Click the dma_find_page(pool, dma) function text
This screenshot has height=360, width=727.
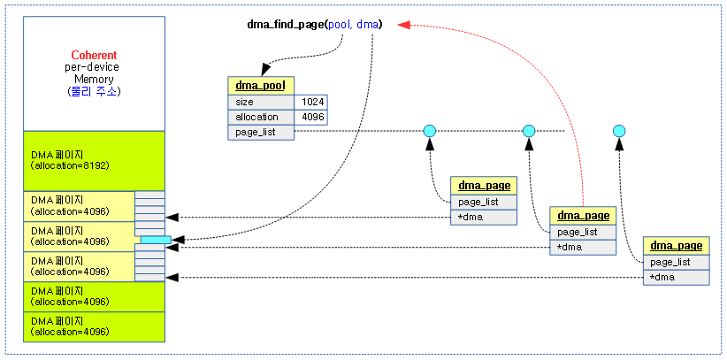click(314, 25)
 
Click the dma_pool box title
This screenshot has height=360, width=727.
click(260, 85)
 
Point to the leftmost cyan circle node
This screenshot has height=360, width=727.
click(429, 132)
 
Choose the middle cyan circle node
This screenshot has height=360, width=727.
click(529, 132)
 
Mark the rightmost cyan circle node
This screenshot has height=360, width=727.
click(619, 132)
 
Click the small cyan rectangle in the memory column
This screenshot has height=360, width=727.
click(156, 240)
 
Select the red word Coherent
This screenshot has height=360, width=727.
click(94, 55)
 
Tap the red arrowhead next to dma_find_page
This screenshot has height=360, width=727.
click(402, 25)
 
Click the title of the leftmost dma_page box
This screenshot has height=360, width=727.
click(484, 186)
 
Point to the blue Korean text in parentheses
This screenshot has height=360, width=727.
click(94, 91)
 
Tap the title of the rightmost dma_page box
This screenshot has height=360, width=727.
click(676, 246)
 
